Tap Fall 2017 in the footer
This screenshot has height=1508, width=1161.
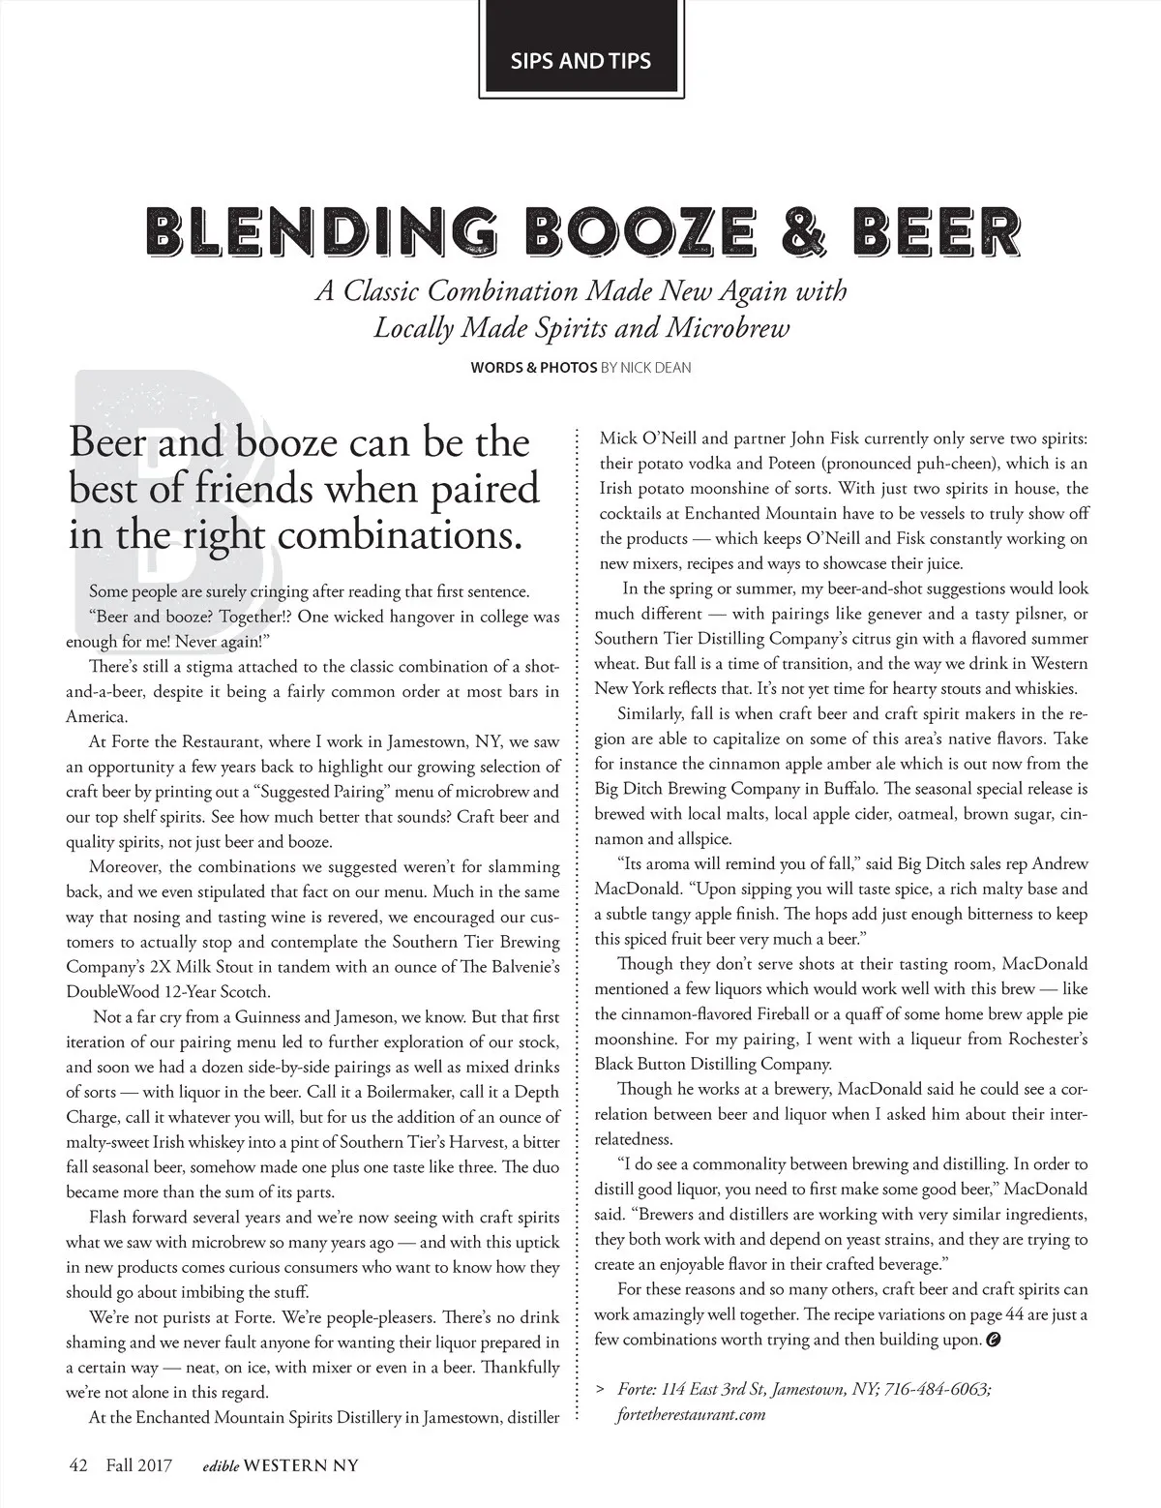point(138,1465)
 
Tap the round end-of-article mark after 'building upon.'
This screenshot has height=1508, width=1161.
point(993,1341)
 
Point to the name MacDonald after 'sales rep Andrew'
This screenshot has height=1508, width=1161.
point(639,889)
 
